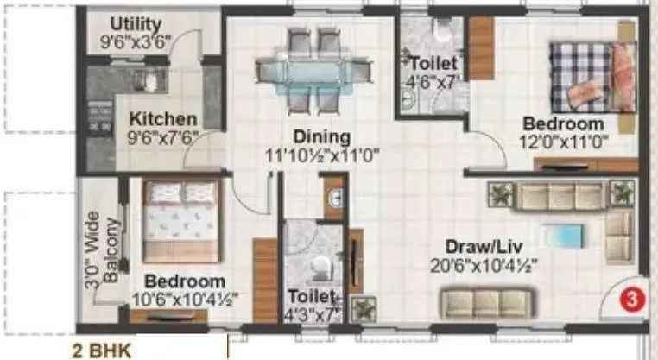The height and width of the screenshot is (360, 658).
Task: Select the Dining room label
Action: [320, 136]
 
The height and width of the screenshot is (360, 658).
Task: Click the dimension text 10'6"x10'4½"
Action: [186, 300]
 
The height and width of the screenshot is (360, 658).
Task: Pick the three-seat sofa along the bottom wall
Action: [480, 302]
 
